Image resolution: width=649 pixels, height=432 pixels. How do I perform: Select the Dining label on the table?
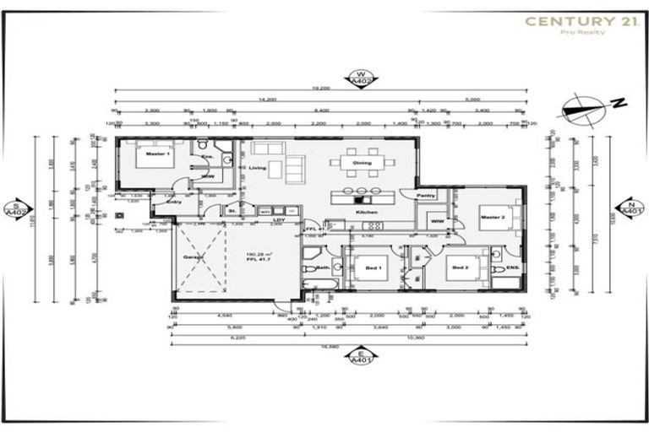[362, 163]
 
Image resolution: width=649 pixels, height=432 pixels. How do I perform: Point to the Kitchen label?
[366, 213]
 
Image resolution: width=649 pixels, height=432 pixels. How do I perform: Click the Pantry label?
[427, 195]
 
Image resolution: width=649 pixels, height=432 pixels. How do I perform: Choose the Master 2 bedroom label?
[492, 219]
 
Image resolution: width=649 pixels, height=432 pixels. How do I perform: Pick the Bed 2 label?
[460, 267]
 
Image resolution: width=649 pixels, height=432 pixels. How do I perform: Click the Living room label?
[257, 168]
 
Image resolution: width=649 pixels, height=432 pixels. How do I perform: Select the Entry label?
[174, 202]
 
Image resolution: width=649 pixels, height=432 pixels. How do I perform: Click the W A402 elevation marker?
[362, 78]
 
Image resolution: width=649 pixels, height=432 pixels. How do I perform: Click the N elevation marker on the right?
[630, 208]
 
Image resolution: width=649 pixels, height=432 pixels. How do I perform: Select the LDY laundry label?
[276, 221]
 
